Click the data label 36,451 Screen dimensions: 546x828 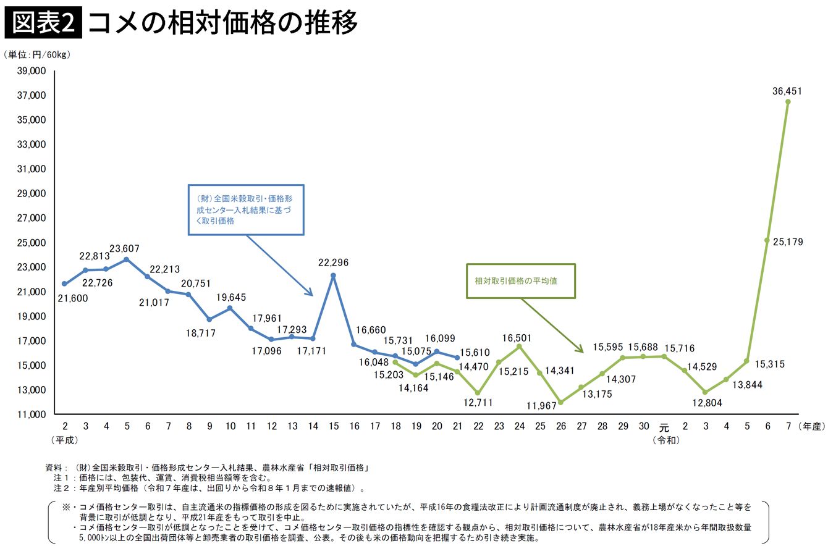click(787, 91)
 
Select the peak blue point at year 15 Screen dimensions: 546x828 click(333, 275)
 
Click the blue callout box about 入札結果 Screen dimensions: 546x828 click(246, 210)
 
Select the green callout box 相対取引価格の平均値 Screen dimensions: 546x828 click(520, 281)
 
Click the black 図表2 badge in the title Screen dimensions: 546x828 click(44, 24)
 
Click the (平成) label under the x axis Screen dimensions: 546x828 click(64, 440)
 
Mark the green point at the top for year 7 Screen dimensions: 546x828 click(788, 102)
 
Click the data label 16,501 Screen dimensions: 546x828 click(518, 338)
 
